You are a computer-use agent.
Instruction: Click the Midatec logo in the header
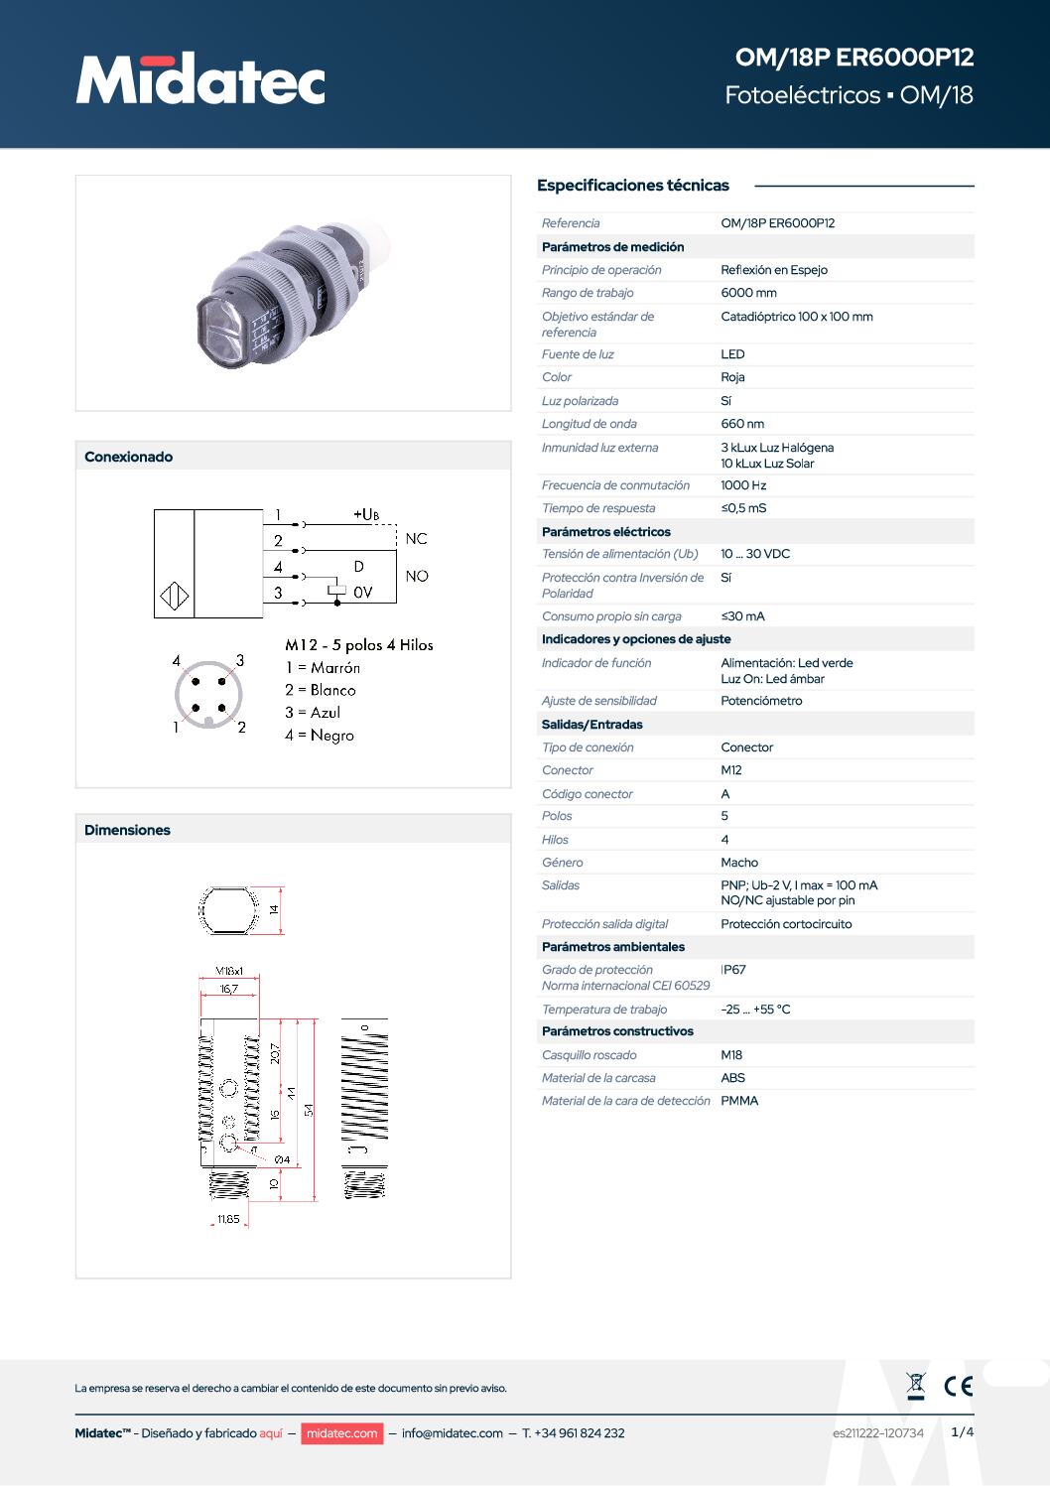tap(200, 78)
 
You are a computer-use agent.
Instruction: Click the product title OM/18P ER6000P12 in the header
tap(853, 58)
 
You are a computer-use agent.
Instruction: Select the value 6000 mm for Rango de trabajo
tap(748, 293)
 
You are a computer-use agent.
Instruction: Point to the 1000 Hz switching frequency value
tap(743, 485)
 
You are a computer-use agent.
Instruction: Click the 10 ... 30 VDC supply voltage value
tap(755, 554)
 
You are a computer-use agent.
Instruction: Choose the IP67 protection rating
tap(733, 970)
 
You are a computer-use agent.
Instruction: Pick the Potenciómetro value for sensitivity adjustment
tap(761, 701)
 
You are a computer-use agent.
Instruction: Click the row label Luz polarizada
tap(580, 401)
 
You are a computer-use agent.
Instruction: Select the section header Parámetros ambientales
tap(613, 947)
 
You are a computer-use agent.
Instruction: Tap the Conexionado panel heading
tap(129, 457)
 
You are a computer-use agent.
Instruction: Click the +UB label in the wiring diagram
tap(365, 514)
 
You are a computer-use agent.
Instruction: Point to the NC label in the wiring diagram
tap(416, 539)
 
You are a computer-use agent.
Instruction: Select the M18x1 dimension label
tap(229, 972)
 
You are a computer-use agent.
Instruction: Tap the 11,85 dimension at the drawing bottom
tap(228, 1219)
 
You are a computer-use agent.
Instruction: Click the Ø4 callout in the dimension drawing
tap(282, 1159)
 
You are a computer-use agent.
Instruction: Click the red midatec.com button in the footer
tap(341, 1433)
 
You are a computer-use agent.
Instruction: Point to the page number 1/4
tap(962, 1431)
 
